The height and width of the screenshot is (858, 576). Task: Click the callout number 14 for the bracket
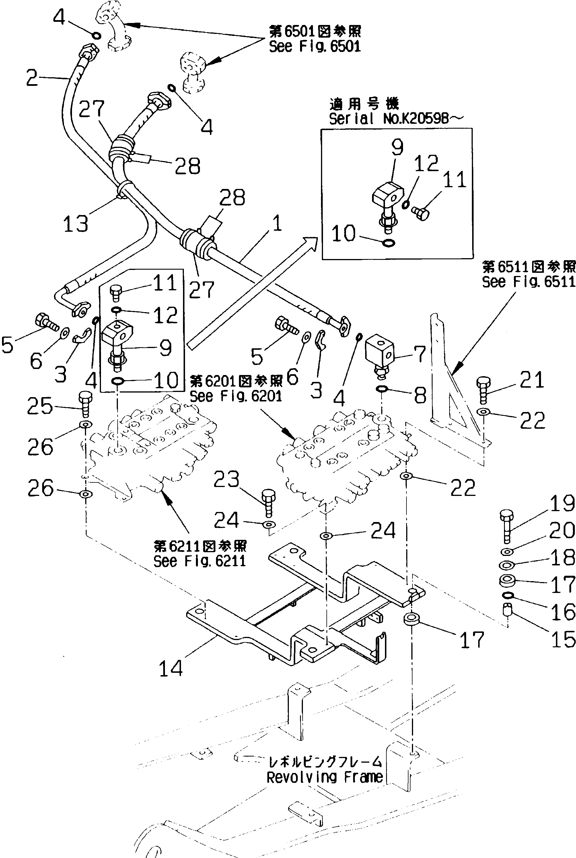tap(171, 668)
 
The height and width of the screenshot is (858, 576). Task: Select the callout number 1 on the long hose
tap(277, 223)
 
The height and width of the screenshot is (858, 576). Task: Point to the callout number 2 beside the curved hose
tap(32, 78)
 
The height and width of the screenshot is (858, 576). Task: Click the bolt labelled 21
tap(483, 391)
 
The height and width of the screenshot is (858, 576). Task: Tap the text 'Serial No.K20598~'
tap(396, 118)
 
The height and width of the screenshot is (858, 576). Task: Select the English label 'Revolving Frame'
tap(325, 778)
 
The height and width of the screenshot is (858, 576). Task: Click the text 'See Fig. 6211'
tap(199, 561)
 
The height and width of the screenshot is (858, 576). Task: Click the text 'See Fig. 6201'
tap(236, 396)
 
